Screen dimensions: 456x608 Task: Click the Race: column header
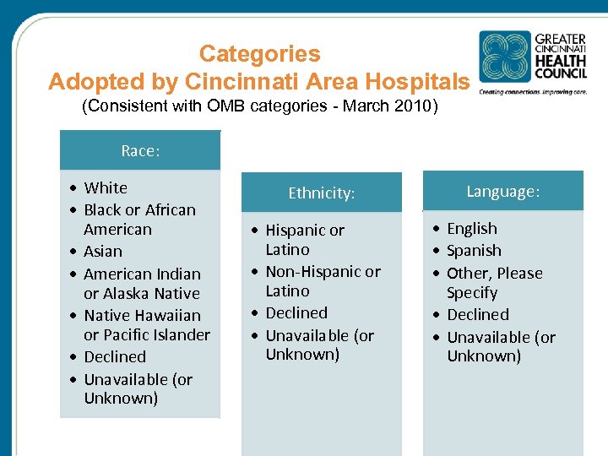click(140, 151)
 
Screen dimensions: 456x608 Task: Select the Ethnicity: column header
click(321, 193)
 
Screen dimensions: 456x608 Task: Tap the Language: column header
click(502, 192)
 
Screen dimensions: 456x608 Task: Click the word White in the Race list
click(106, 187)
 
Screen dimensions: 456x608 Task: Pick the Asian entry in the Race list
click(103, 252)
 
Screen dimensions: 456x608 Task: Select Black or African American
click(139, 220)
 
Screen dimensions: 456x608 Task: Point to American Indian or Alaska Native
click(142, 284)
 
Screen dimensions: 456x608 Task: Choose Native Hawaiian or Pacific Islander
click(146, 325)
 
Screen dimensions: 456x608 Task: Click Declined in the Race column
click(115, 357)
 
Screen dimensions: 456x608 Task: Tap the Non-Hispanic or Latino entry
click(323, 281)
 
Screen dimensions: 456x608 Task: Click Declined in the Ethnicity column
click(296, 312)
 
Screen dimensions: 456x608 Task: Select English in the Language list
click(472, 229)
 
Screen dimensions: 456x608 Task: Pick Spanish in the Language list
click(474, 251)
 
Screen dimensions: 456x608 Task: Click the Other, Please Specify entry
click(494, 283)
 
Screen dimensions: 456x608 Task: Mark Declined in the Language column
click(478, 315)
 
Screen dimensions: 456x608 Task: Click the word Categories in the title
click(259, 54)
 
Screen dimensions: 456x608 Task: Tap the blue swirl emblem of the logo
click(505, 57)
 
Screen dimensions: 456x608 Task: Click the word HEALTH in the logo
click(560, 62)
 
